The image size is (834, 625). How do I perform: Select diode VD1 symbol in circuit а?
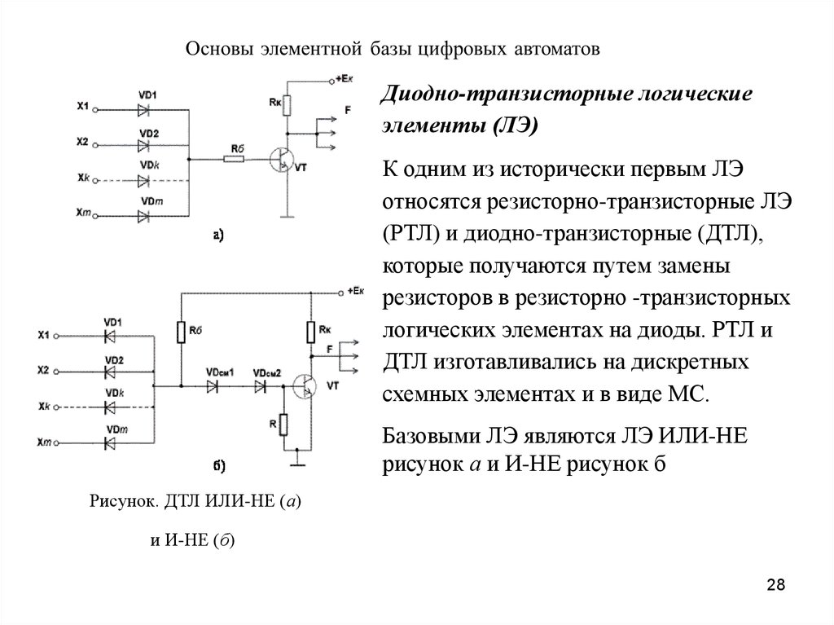coord(147,107)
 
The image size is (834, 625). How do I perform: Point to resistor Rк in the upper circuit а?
coord(288,103)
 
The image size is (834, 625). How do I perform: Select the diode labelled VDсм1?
coord(217,386)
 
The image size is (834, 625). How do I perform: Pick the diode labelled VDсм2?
coord(262,386)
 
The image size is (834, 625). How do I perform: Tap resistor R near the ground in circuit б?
coord(283,425)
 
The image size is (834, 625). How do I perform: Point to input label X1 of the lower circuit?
coord(44,334)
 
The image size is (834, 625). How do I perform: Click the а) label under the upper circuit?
coord(218,236)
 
